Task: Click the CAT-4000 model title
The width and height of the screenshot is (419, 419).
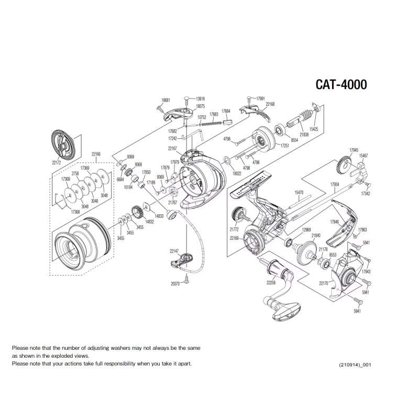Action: click(340, 85)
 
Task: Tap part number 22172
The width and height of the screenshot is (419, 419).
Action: click(57, 162)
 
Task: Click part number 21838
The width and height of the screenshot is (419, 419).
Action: click(303, 135)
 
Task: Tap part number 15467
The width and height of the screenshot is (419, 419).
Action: click(363, 156)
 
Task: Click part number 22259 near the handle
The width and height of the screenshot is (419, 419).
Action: click(271, 283)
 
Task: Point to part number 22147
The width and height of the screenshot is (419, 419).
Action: click(174, 251)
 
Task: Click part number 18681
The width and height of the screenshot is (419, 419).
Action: click(166, 100)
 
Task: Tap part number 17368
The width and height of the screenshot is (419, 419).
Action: click(61, 212)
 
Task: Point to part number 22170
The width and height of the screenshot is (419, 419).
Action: click(324, 283)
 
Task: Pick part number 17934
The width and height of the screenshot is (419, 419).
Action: click(335, 184)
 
